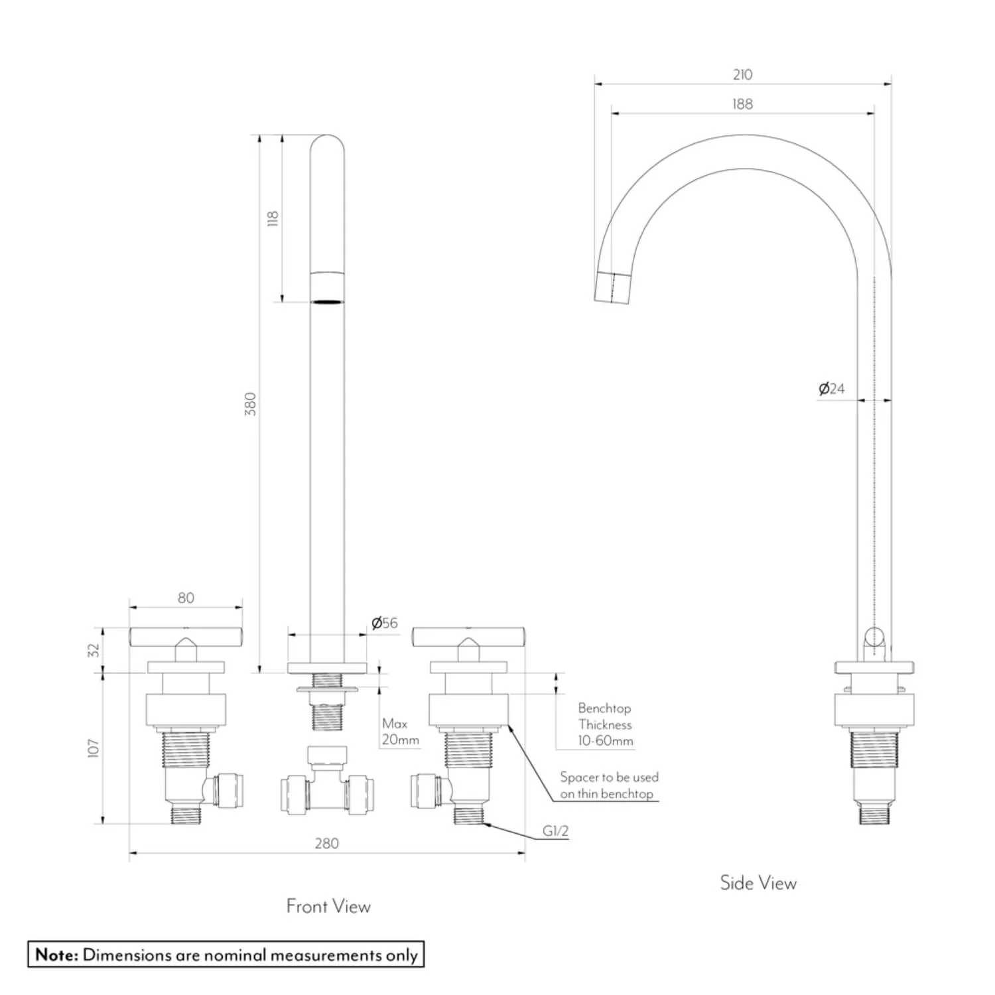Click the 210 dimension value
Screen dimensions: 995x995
[742, 74]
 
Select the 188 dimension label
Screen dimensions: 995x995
[742, 104]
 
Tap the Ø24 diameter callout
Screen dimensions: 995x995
[832, 389]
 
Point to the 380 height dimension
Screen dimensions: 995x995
[250, 404]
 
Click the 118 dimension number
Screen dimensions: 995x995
[273, 218]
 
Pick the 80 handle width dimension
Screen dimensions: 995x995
[186, 598]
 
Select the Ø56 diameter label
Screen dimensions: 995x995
[385, 623]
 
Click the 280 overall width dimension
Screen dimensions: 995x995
[326, 843]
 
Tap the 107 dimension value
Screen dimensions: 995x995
[94, 748]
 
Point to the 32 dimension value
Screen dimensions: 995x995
[94, 649]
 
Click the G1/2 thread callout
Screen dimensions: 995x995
[555, 831]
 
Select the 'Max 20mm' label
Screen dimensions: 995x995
[400, 732]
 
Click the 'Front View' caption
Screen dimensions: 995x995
[328, 906]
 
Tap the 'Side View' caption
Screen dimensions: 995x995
[758, 883]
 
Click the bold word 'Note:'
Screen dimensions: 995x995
[57, 955]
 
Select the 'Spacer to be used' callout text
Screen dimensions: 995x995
[609, 777]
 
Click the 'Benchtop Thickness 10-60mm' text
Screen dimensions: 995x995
[605, 724]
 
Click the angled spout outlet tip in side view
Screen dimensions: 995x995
[611, 287]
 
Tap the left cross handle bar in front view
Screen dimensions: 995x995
[186, 637]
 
